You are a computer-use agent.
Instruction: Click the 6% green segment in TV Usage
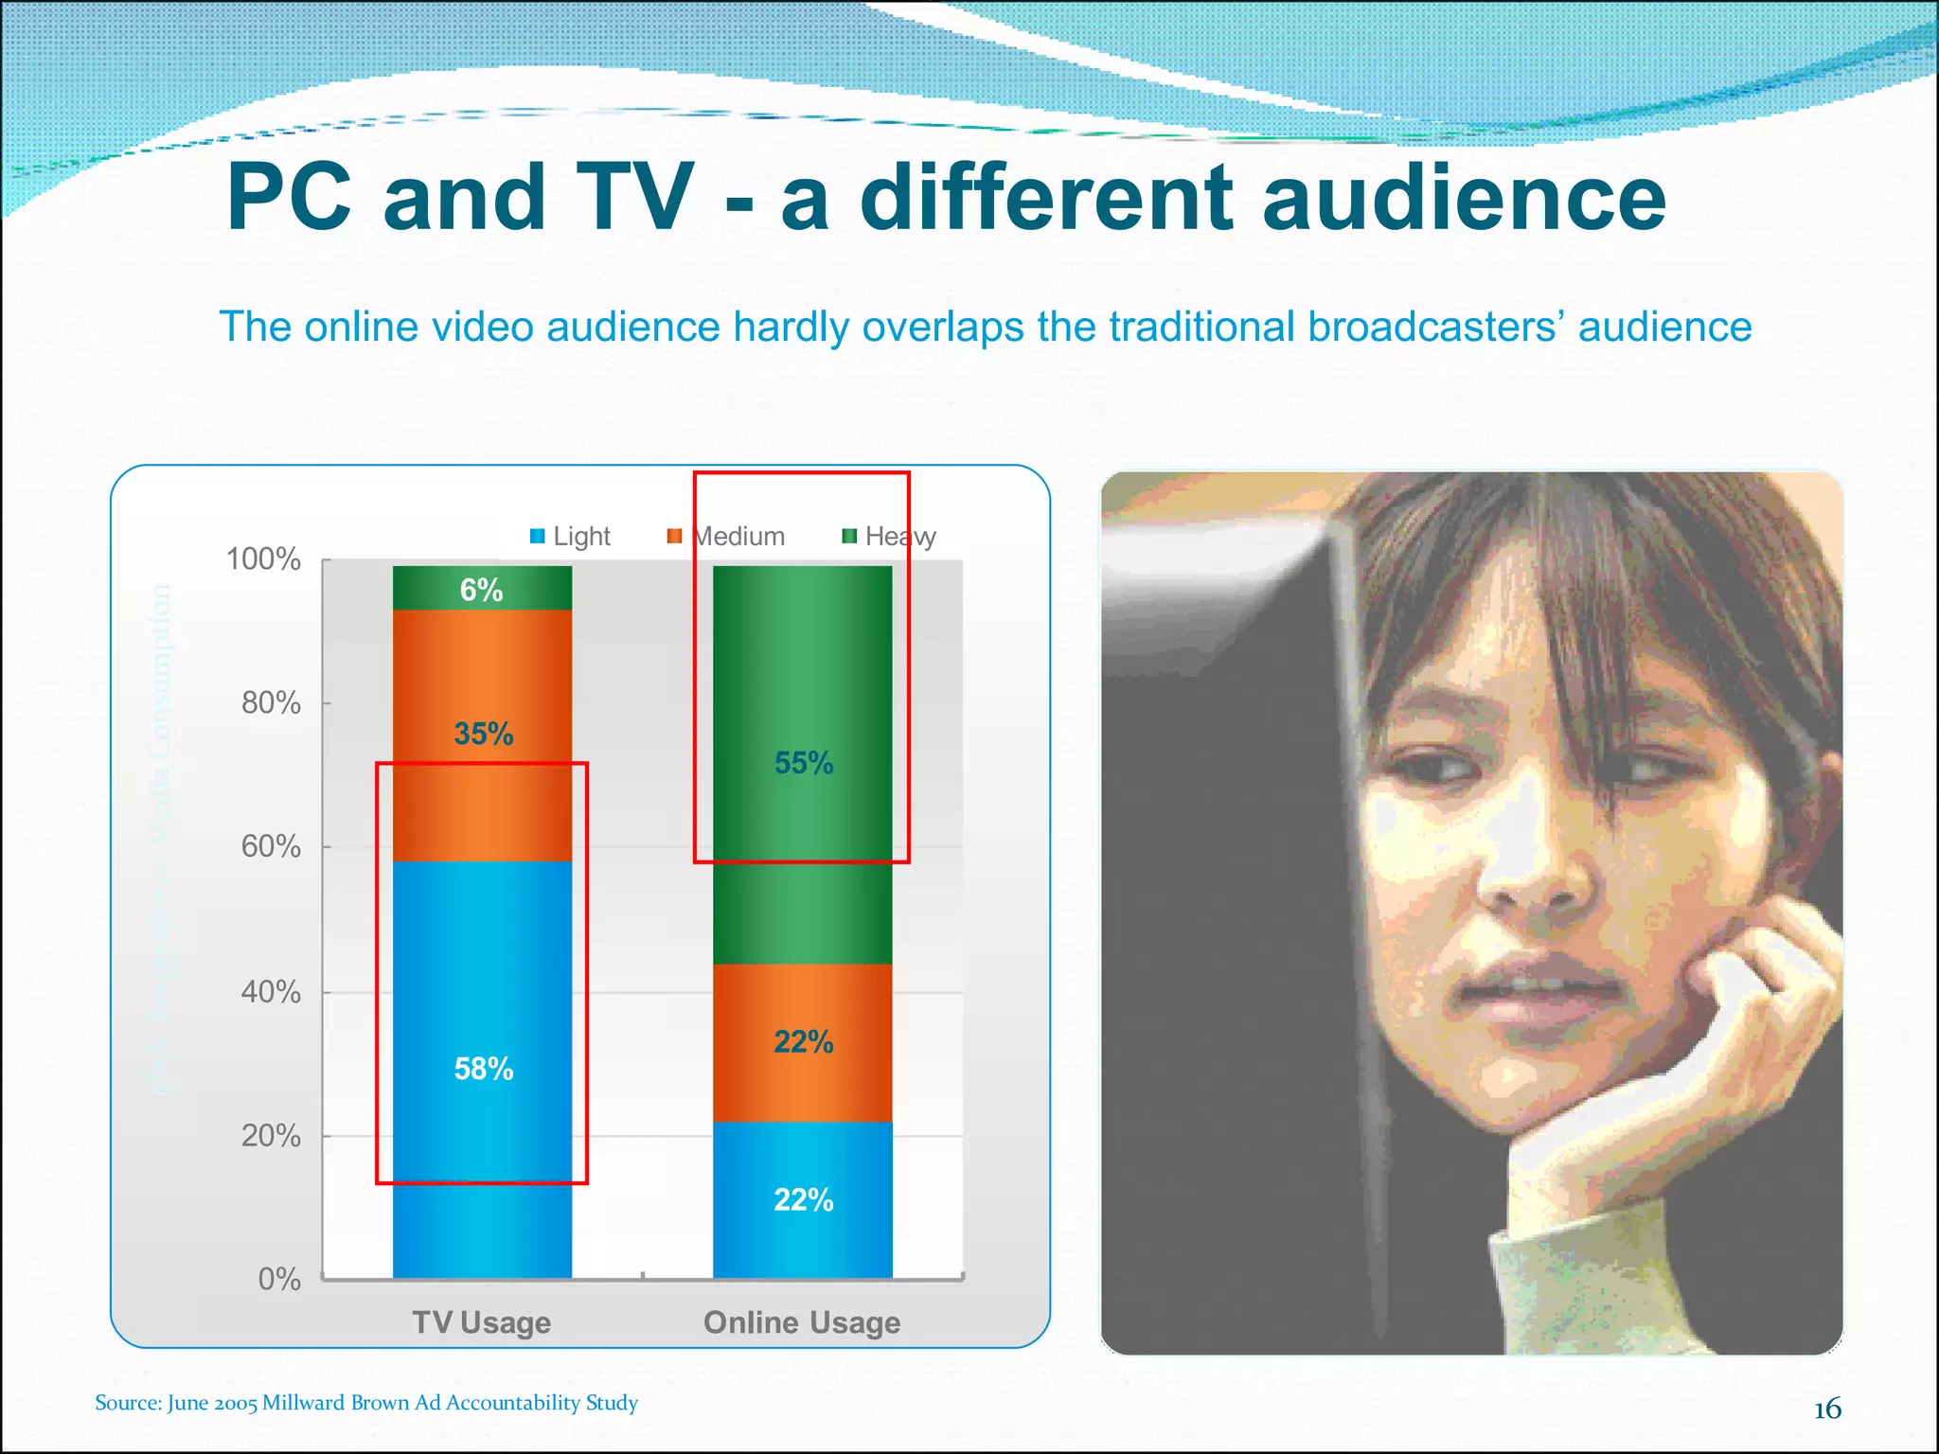click(482, 589)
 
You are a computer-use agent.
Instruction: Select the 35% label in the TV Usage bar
click(483, 734)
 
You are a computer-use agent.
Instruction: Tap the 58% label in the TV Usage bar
click(483, 1069)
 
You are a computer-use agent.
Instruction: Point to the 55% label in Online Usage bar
click(804, 763)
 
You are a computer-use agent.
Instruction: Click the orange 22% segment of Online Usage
click(803, 1042)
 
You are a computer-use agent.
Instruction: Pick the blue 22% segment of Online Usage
click(803, 1199)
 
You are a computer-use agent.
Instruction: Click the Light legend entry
click(570, 537)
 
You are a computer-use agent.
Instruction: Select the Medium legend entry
click(727, 537)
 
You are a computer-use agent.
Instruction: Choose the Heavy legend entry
click(890, 537)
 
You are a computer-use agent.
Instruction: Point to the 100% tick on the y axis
click(263, 559)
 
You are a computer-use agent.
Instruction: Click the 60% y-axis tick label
click(271, 846)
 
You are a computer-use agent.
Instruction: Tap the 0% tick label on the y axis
click(279, 1279)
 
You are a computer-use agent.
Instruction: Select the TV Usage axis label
click(481, 1322)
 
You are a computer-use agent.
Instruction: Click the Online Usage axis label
click(802, 1322)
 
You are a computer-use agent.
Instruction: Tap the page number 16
click(1827, 1410)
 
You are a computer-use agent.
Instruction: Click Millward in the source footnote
click(303, 1402)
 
